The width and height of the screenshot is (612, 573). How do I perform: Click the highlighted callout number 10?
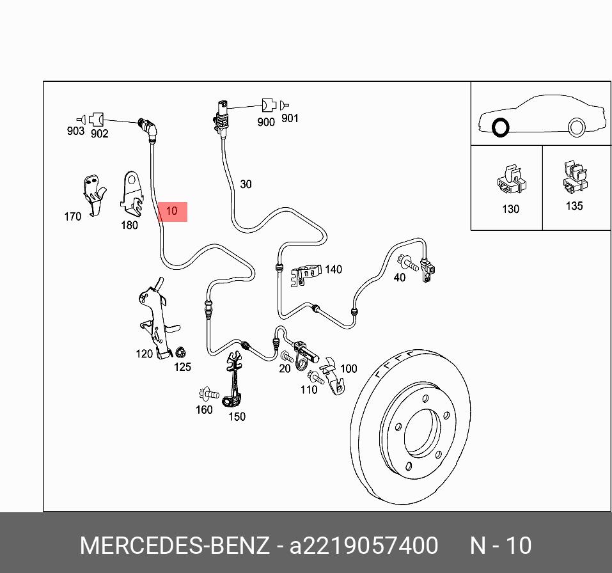pos(172,211)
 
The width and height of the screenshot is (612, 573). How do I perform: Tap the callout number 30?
pos(246,184)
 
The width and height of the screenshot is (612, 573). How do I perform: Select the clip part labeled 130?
pos(512,180)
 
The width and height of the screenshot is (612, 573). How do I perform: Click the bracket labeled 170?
pos(94,194)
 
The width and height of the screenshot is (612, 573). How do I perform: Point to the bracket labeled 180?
pos(131,194)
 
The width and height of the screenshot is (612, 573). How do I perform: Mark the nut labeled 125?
pos(180,352)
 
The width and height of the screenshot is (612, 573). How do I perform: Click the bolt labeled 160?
pos(209,394)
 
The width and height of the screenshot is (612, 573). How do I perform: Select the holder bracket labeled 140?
pos(306,274)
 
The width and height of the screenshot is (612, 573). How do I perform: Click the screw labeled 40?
pos(407,262)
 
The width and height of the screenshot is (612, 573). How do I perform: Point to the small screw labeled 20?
pos(287,356)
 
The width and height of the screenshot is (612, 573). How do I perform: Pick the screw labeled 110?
pos(316,377)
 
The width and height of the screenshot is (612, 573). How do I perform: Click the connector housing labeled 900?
pos(269,106)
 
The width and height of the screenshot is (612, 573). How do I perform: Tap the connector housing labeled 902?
pos(96,119)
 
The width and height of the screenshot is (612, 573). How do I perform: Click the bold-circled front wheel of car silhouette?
pos(501,127)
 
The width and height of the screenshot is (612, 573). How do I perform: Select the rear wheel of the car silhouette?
pos(576,127)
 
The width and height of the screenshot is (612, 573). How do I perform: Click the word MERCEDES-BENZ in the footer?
pos(175,546)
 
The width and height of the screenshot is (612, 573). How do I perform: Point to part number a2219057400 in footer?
pos(363,546)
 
